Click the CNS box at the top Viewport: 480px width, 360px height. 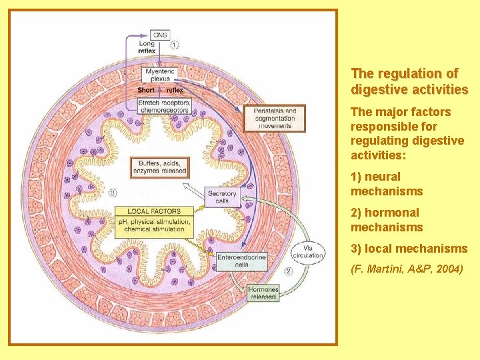161,35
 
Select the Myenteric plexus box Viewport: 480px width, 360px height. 160,75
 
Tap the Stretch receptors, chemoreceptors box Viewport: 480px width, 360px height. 164,105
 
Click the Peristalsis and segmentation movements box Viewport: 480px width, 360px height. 275,118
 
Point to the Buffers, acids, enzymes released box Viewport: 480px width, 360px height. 163,167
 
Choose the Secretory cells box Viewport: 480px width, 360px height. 221,197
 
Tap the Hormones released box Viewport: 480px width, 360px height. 263,293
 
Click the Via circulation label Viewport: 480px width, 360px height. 307,251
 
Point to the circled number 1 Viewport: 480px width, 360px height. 175,45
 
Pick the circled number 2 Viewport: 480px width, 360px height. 288,271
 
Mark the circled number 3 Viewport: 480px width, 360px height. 113,194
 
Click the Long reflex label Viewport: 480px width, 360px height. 147,48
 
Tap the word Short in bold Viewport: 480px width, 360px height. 145,90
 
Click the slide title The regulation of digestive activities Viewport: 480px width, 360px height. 409,81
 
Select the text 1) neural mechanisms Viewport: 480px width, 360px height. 387,184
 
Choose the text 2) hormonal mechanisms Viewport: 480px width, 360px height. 387,220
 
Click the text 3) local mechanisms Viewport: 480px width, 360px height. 409,249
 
